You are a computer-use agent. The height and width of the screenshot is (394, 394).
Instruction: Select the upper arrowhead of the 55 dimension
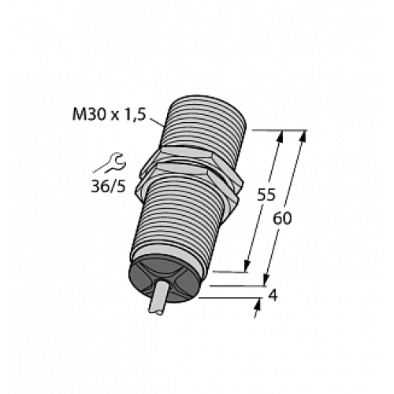[x=279, y=136]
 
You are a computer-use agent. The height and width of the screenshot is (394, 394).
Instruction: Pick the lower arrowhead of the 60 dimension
[x=266, y=281]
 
